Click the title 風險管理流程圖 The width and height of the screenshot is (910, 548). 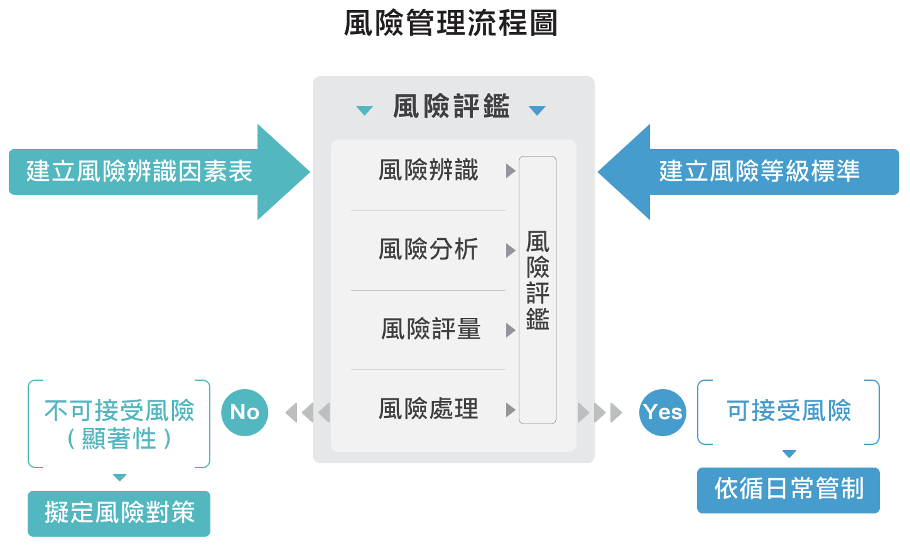(451, 23)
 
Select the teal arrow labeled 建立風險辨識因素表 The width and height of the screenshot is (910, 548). (139, 172)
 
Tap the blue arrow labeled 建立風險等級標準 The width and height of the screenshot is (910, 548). (759, 172)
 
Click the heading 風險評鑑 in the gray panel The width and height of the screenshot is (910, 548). (451, 106)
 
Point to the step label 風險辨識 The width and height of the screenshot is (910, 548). (428, 170)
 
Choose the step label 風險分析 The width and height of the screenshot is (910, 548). (428, 249)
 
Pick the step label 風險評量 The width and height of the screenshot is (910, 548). (431, 329)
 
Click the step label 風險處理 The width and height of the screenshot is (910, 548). (428, 409)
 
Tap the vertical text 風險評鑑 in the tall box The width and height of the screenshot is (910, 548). (538, 280)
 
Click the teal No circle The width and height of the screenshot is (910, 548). (245, 412)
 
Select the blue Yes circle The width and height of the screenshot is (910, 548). (663, 412)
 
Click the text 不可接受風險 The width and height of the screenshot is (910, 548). (119, 411)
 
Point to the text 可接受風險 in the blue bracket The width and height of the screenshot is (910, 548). (789, 411)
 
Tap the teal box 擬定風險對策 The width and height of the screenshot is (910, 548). (119, 513)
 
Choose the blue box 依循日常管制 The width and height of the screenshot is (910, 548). (788, 490)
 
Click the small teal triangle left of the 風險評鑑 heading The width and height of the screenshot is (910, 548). (364, 111)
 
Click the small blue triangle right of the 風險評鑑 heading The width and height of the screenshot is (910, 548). (537, 111)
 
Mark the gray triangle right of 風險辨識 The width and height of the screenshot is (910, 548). (511, 171)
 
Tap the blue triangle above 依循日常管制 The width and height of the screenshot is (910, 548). (789, 454)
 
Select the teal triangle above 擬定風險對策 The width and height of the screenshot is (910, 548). (120, 478)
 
